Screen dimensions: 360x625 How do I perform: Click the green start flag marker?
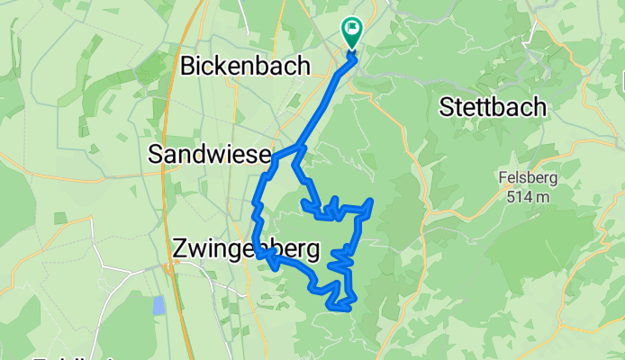click(350, 33)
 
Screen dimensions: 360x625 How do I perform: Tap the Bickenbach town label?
click(245, 66)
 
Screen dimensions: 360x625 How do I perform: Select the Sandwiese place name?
click(210, 155)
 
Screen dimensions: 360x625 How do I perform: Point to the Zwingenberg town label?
click(243, 249)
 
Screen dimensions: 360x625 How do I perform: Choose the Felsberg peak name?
click(528, 177)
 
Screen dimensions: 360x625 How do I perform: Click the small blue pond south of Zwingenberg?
click(159, 305)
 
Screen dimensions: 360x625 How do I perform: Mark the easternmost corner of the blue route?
click(372, 200)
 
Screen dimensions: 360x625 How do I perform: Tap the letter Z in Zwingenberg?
click(179, 249)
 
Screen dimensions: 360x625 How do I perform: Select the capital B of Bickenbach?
click(189, 66)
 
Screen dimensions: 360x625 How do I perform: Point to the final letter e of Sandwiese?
click(264, 155)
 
